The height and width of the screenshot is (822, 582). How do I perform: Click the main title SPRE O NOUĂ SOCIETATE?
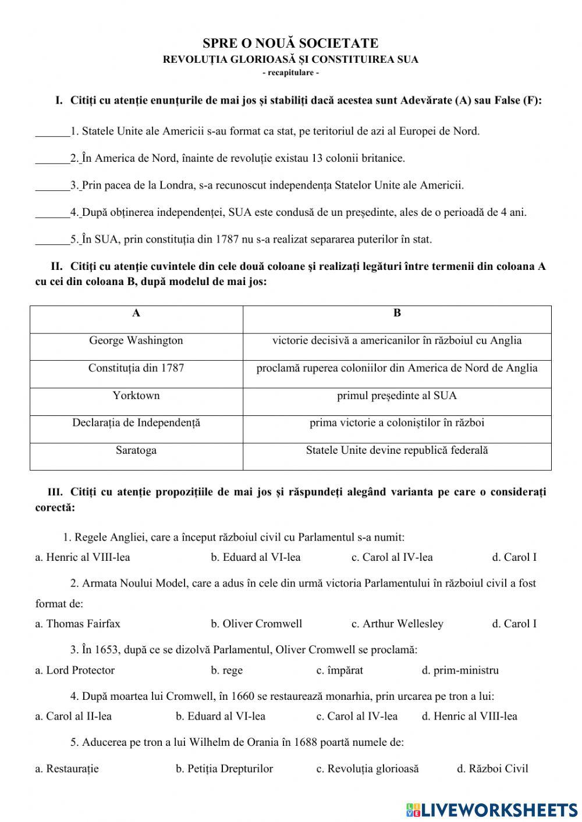click(290, 43)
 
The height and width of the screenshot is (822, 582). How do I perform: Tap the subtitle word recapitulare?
click(290, 73)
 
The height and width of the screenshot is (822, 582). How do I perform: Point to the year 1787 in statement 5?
click(227, 239)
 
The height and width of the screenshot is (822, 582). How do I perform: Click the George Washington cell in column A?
click(136, 341)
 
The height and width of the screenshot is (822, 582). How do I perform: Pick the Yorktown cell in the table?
click(136, 396)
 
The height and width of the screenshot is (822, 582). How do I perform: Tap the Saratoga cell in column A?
click(136, 450)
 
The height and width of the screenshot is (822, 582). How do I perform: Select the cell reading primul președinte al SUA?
click(397, 396)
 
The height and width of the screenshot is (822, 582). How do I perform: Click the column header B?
click(397, 313)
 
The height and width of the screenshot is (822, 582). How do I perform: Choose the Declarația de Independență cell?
click(136, 423)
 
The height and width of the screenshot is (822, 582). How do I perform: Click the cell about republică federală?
click(397, 450)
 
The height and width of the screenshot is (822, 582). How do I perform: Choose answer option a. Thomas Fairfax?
click(78, 624)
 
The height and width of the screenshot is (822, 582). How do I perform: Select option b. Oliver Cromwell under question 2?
click(257, 624)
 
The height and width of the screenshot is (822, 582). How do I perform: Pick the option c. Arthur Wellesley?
click(398, 624)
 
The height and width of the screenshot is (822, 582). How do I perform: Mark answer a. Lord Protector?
click(75, 670)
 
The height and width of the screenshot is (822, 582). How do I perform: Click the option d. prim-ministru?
click(460, 670)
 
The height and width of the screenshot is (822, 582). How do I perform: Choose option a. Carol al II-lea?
click(73, 716)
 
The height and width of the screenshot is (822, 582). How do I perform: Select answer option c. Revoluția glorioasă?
click(367, 769)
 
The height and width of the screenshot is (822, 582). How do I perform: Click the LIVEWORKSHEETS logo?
click(492, 809)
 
